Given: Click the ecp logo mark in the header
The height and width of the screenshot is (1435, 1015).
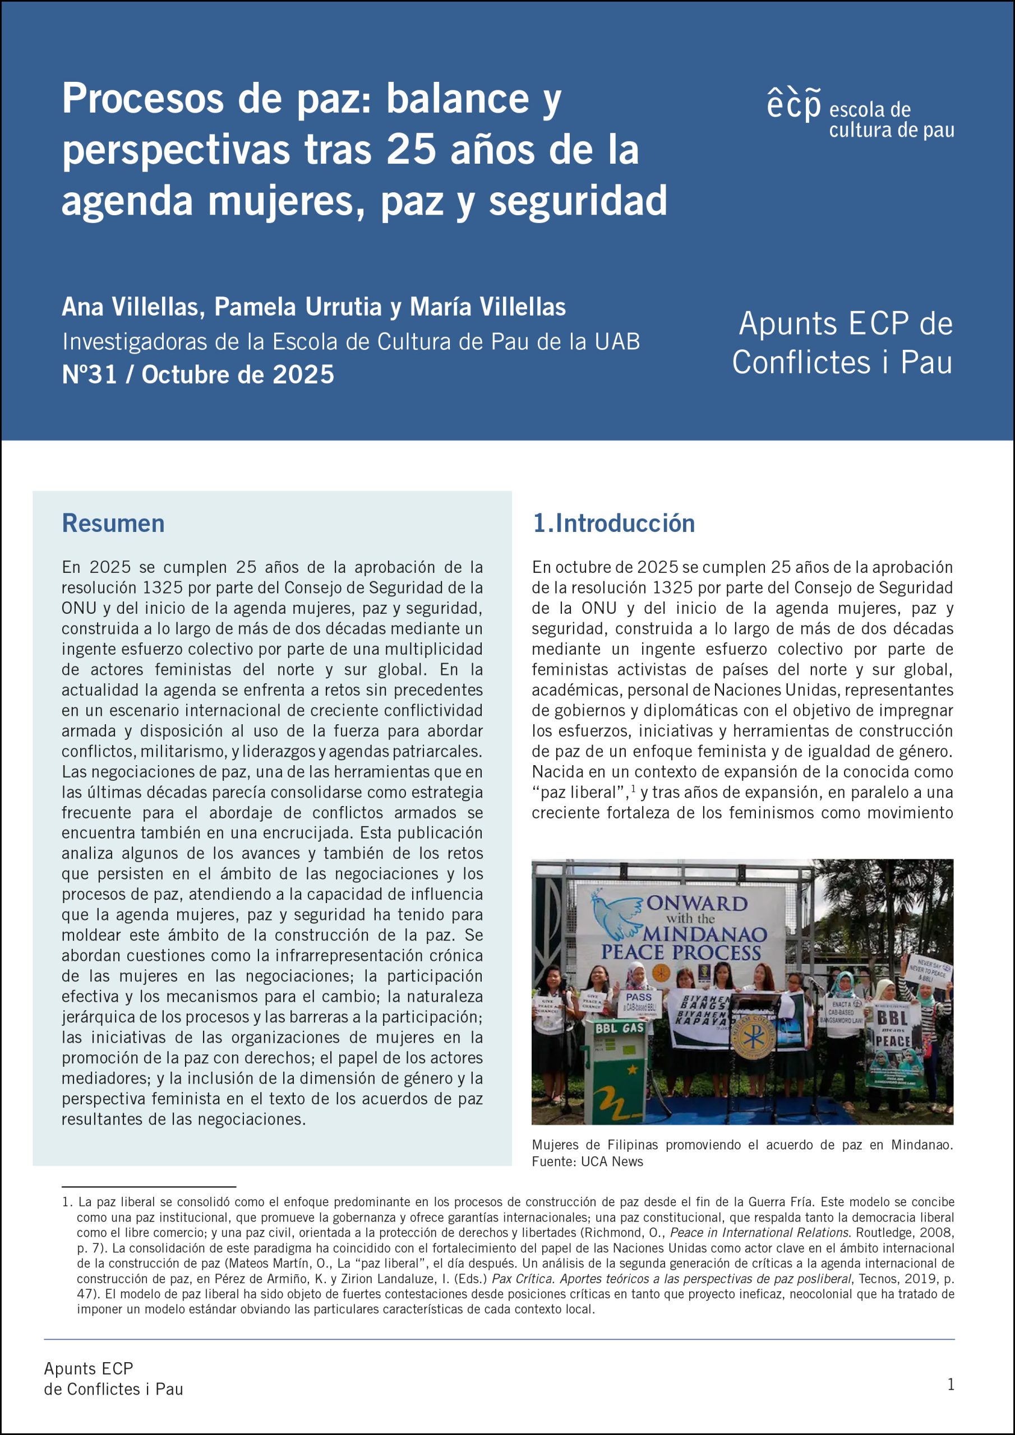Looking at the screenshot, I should [793, 105].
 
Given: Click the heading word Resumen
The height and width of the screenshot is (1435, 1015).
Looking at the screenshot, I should [113, 523].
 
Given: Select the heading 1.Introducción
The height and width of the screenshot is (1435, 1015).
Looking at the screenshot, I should [613, 523].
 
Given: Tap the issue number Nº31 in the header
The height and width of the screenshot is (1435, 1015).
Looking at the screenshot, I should [89, 374].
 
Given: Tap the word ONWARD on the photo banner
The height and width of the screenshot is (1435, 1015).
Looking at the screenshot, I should [696, 903].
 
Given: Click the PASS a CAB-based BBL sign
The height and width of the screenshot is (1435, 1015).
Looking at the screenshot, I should [638, 1002].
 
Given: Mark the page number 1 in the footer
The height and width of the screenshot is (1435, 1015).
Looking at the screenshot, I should [951, 1385].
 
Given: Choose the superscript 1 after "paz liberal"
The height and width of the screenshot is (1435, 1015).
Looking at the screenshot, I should [634, 789].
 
